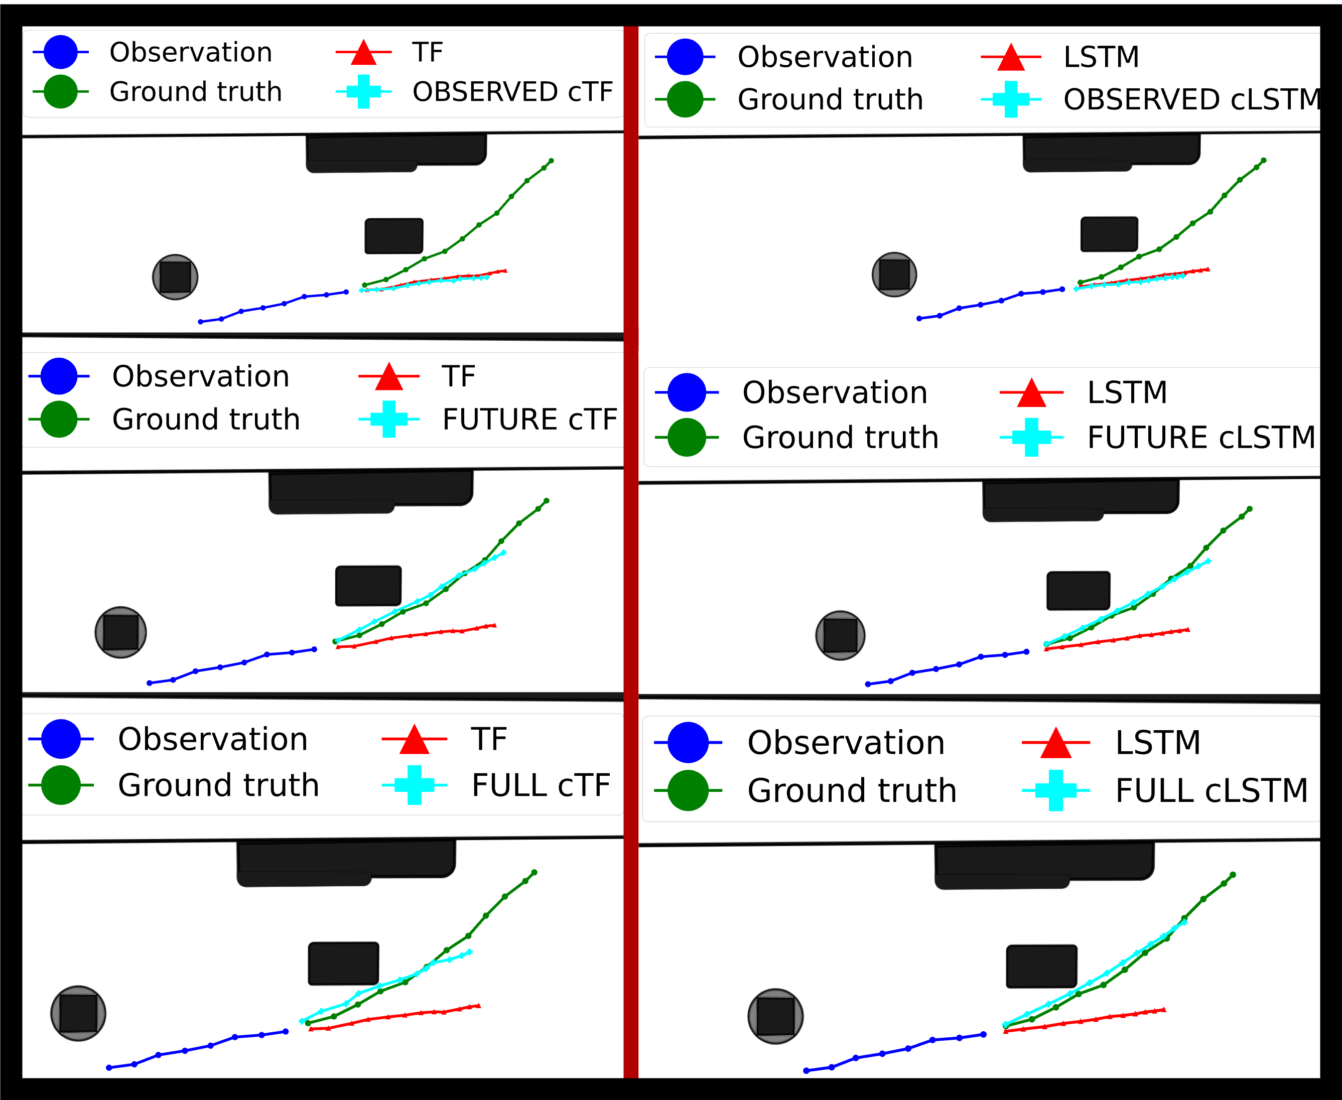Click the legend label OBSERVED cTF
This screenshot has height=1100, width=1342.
tap(512, 92)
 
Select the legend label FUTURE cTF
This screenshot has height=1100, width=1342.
tap(529, 420)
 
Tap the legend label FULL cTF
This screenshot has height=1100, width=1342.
tap(541, 786)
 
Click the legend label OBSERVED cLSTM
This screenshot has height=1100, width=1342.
tap(1191, 99)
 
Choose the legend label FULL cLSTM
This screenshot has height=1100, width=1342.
tap(1212, 791)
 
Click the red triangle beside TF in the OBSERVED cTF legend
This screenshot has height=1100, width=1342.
tap(364, 53)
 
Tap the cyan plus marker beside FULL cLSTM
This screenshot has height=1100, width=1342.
tap(1055, 791)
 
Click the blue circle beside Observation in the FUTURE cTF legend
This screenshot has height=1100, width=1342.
tap(59, 376)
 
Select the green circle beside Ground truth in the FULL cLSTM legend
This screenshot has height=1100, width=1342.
tap(688, 791)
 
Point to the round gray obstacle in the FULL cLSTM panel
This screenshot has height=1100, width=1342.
tap(775, 1016)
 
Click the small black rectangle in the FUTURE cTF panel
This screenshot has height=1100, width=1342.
tap(368, 586)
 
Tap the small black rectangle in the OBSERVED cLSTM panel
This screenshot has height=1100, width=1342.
tap(1109, 234)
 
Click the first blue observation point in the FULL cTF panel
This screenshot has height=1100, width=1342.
tap(109, 1068)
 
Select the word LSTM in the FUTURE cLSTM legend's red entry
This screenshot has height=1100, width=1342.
tap(1127, 393)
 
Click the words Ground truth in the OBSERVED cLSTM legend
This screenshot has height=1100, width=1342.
tap(830, 99)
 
